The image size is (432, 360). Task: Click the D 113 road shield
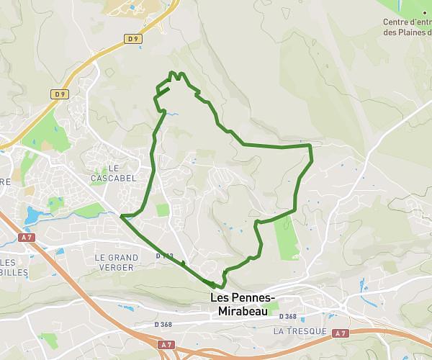point(164,256)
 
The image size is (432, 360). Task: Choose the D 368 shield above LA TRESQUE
point(287,317)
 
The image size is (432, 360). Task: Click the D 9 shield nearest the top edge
point(132,39)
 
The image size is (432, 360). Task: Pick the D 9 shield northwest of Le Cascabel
point(60,94)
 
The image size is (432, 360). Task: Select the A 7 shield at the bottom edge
point(167,345)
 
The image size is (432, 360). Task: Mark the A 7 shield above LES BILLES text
point(27,237)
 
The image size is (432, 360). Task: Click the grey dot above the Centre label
point(424,12)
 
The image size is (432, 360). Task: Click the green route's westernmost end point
point(122,215)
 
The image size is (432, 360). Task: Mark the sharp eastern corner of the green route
point(310,146)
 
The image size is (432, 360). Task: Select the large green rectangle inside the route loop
point(285,238)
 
